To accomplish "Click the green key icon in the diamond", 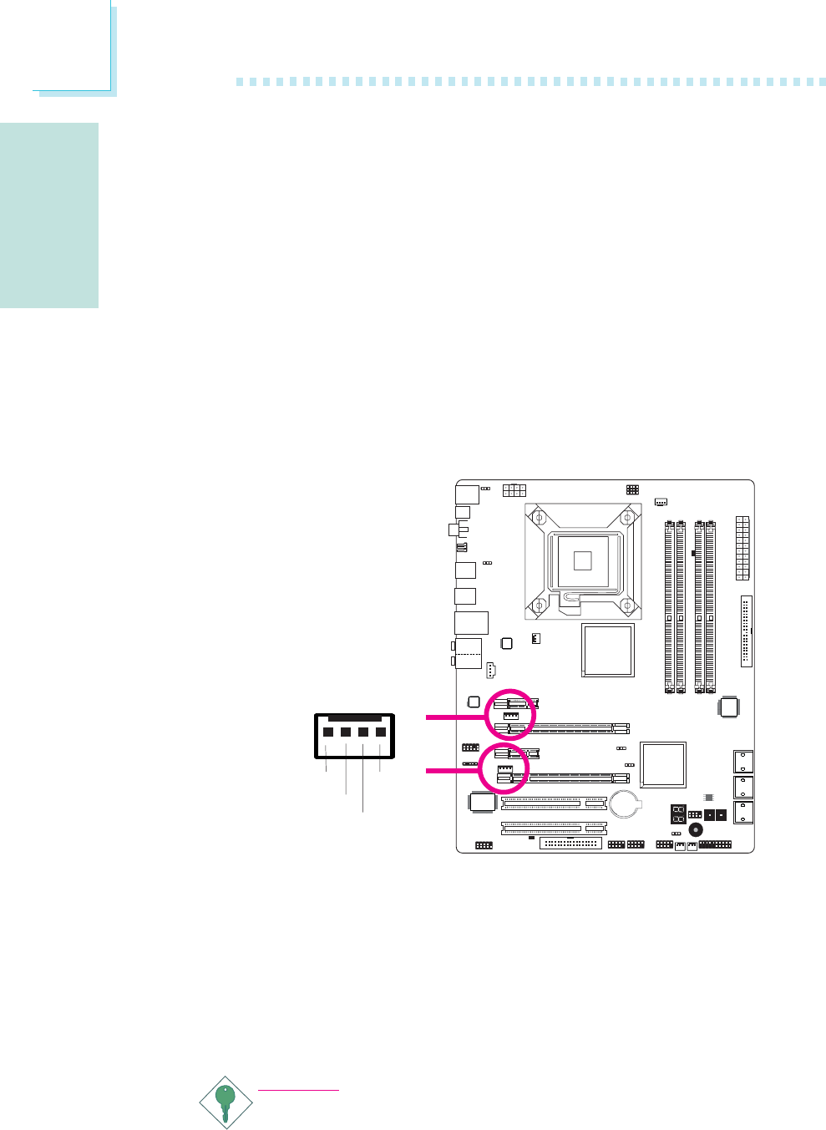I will (x=224, y=1102).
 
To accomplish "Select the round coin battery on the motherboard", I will (x=624, y=804).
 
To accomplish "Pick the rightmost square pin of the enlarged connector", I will (x=381, y=732).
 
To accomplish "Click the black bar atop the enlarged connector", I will (x=354, y=717).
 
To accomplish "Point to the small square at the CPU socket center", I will (x=581, y=560).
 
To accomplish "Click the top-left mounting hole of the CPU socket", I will (x=539, y=519).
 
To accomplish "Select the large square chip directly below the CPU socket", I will (x=607, y=649).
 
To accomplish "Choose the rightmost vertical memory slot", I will (x=711, y=606).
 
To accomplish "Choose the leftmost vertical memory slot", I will (x=669, y=606).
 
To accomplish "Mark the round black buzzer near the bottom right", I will (x=694, y=830).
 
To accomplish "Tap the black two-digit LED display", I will (x=678, y=814).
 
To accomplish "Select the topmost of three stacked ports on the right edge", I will (x=742, y=762).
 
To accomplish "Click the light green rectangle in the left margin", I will (x=49, y=215).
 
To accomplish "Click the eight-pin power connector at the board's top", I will (x=514, y=490).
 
